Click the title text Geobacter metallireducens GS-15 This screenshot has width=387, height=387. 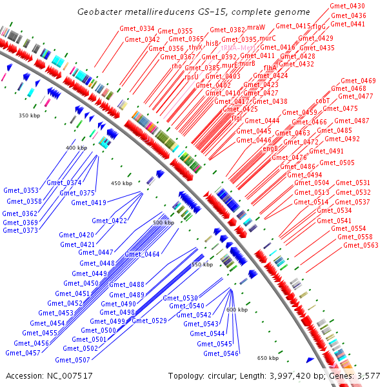193,12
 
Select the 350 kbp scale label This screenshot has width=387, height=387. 30,115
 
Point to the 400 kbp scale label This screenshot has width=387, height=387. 76,148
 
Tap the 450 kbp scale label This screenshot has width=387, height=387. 121,184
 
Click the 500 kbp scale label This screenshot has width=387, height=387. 163,223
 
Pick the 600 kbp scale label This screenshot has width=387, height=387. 237,310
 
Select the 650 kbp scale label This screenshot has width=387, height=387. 268,358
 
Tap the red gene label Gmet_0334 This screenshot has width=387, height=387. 137,29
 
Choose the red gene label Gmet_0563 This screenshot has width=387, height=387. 361,245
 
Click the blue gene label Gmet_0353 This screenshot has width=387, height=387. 21,191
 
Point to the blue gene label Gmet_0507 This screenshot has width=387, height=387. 73,360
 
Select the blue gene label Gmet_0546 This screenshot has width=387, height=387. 221,353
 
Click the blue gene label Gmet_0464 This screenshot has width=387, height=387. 142,254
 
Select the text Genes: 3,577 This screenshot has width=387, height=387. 357,375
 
